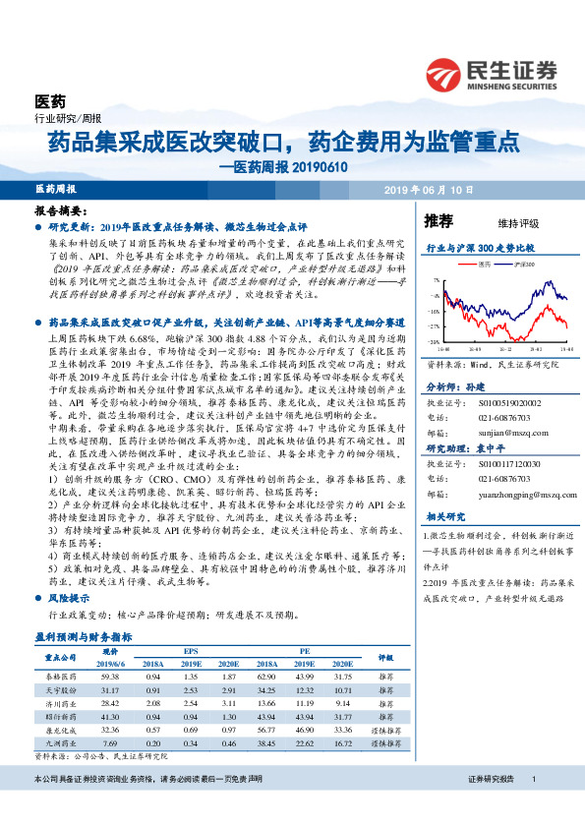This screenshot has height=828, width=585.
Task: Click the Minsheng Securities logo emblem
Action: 444,74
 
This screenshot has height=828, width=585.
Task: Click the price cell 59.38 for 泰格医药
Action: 109,678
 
